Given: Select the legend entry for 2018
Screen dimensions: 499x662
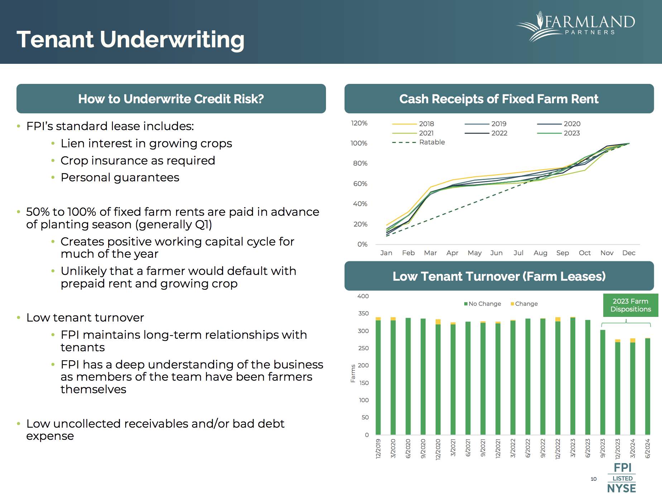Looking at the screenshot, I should point(426,124).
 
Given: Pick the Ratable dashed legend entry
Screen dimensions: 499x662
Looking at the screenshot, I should point(432,142).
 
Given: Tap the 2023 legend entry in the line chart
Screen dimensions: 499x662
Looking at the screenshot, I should point(571,133).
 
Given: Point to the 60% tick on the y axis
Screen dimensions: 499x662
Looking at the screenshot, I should point(360,184).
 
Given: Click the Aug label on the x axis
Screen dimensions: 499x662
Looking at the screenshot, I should point(540,253).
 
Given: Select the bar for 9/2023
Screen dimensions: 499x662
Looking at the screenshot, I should point(603,382).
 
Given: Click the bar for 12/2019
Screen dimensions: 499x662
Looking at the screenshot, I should point(378,376).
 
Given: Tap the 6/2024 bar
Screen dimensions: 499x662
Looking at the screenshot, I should point(647,386).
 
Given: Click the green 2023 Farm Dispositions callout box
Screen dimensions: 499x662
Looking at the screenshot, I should point(630,305).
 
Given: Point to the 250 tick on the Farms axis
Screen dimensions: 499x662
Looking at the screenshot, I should point(363,348).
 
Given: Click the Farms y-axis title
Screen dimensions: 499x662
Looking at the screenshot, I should point(353,374).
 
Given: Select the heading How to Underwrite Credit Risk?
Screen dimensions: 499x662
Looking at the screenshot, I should point(171,99).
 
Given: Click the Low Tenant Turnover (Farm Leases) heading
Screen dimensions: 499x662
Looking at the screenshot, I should point(499,276).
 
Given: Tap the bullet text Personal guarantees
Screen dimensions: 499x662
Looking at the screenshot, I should point(120,177).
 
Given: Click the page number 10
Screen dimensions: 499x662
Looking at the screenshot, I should point(594,479).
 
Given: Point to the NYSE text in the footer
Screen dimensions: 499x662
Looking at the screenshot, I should point(622,488).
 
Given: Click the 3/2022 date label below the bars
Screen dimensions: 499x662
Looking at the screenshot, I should point(513,448).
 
